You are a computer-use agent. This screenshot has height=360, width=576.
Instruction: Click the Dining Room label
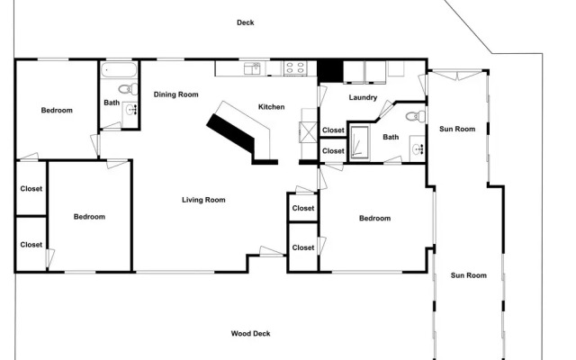176,94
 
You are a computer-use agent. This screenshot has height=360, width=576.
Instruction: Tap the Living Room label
203,200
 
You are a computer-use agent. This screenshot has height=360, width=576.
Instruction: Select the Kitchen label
272,107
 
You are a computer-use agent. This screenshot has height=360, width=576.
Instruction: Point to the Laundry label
363,97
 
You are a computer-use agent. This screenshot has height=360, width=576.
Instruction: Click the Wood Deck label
250,334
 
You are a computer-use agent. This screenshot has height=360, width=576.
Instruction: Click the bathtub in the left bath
119,70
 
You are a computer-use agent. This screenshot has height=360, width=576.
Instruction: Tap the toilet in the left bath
128,89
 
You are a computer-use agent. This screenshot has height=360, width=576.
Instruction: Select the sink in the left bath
130,109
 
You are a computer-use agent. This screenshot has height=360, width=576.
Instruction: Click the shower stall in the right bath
360,142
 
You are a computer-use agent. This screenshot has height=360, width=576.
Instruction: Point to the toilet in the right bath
416,117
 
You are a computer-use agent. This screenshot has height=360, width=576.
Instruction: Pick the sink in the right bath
418,148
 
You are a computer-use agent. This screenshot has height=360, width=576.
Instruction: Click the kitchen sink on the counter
252,68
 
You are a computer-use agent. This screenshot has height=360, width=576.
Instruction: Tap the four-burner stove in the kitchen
295,68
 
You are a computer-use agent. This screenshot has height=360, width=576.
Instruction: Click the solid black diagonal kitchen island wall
230,133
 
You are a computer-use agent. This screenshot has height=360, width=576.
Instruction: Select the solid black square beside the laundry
330,71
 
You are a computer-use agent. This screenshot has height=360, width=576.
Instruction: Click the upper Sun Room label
457,129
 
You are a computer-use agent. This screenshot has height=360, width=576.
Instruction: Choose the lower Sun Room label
469,275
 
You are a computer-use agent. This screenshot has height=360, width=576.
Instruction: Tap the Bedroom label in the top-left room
57,110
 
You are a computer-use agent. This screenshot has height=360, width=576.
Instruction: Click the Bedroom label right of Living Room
374,218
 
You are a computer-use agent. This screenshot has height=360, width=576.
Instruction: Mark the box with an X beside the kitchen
308,132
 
